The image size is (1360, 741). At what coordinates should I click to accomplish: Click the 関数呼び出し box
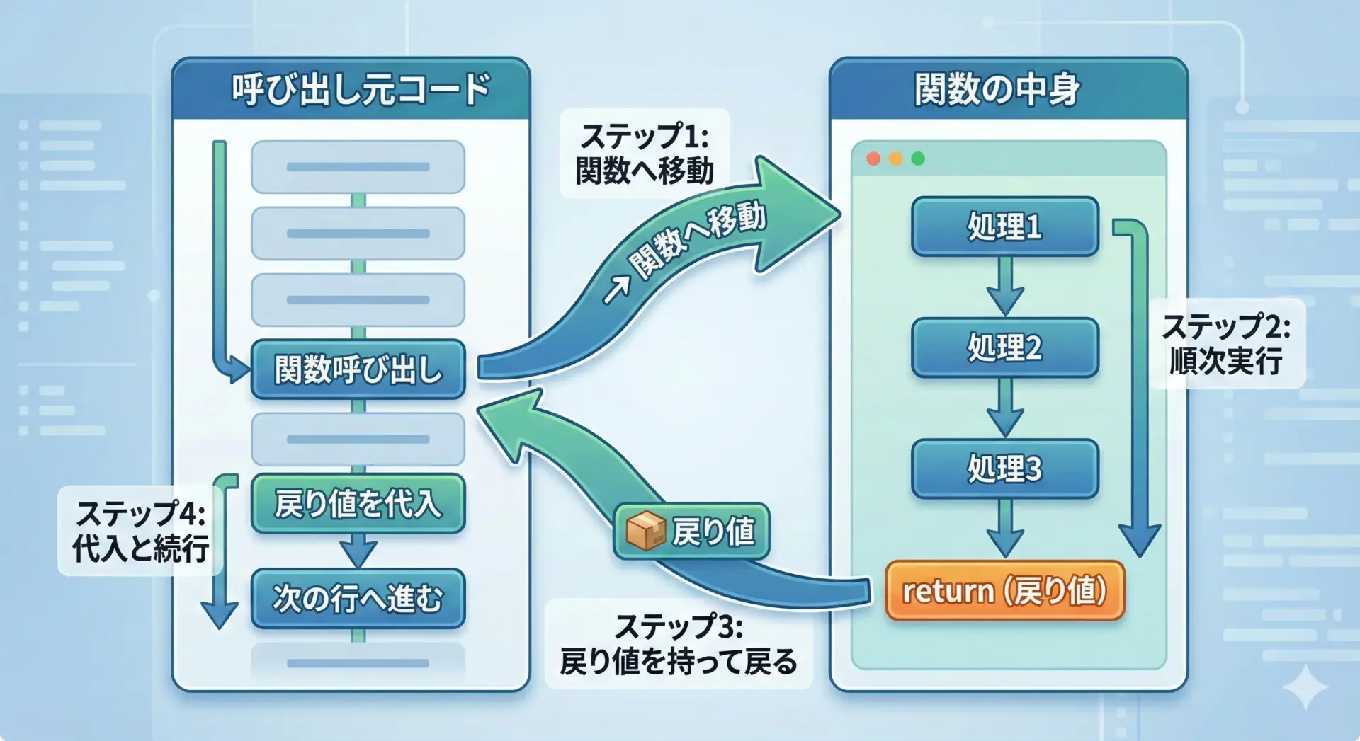tap(358, 369)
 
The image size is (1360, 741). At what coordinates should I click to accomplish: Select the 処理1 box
tap(1004, 226)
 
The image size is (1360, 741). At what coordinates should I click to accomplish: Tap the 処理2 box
tap(1004, 347)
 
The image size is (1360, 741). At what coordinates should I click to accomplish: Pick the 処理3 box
tap(1004, 469)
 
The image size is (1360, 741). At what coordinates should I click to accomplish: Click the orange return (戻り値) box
tap(1004, 591)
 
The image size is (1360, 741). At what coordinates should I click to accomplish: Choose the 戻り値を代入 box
tap(358, 503)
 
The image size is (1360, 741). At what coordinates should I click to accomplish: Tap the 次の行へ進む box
tap(358, 599)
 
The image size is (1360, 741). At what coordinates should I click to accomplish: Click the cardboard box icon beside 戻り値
tap(645, 531)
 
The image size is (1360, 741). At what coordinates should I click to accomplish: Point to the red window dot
tap(873, 159)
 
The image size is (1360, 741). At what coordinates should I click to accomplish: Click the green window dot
tap(918, 159)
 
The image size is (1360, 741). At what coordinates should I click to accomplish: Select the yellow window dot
tap(895, 159)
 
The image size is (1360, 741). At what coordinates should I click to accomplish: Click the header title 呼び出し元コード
tap(361, 90)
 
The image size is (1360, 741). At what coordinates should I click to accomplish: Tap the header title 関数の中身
tap(997, 90)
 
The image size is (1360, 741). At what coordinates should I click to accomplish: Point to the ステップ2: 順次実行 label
tap(1226, 344)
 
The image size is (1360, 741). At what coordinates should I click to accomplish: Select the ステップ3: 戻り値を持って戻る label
tap(678, 644)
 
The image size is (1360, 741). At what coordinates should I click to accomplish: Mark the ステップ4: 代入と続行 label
tap(140, 531)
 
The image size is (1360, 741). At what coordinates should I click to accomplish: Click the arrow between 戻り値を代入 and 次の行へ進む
tap(358, 550)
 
